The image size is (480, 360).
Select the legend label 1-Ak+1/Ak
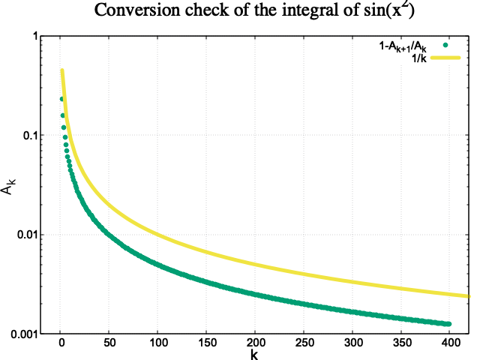click(403, 47)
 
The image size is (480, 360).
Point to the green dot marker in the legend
click(445, 46)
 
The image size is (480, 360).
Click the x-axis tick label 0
click(61, 343)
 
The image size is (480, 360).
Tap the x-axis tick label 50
click(109, 343)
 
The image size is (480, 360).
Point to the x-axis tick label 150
click(206, 343)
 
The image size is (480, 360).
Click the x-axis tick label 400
click(448, 343)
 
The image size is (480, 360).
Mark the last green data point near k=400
click(448, 324)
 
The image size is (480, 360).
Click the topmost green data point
click(62, 99)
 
